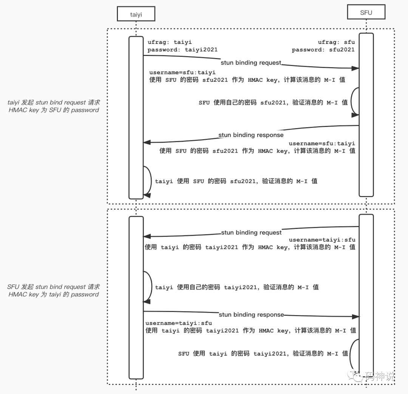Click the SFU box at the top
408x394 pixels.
(366, 12)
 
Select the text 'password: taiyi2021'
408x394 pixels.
(182, 49)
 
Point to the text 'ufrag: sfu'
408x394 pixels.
(336, 42)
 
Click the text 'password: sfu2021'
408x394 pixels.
(323, 49)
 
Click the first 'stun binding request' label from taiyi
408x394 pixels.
(251, 63)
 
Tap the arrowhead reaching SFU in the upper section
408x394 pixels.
(355, 68)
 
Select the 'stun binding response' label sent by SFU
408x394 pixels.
(251, 135)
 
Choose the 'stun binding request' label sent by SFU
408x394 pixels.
(251, 232)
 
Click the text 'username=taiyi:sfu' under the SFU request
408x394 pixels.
(322, 240)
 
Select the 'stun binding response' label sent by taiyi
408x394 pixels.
(251, 314)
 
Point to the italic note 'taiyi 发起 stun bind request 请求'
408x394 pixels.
(54, 103)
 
